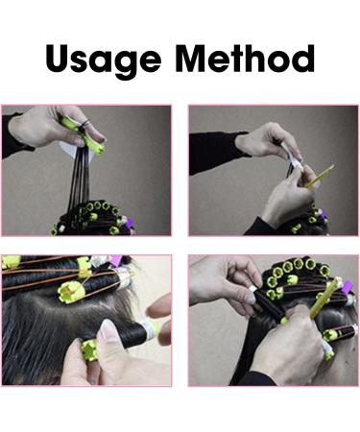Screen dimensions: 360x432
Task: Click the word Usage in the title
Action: click(x=104, y=60)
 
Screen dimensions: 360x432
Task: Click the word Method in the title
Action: click(x=245, y=58)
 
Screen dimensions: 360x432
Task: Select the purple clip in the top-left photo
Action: click(x=130, y=223)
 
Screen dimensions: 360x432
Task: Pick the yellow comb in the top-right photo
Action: click(x=319, y=177)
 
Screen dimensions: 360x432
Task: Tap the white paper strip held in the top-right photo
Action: click(x=293, y=156)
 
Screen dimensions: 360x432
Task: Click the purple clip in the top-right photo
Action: click(x=324, y=214)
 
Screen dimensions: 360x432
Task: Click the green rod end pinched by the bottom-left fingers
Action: click(x=88, y=349)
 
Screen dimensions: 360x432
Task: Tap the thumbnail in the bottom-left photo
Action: click(x=107, y=329)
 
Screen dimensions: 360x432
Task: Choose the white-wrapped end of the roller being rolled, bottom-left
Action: click(x=151, y=328)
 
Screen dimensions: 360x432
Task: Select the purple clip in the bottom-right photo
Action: click(x=348, y=285)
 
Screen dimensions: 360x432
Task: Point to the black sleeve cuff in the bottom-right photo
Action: click(x=256, y=378)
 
